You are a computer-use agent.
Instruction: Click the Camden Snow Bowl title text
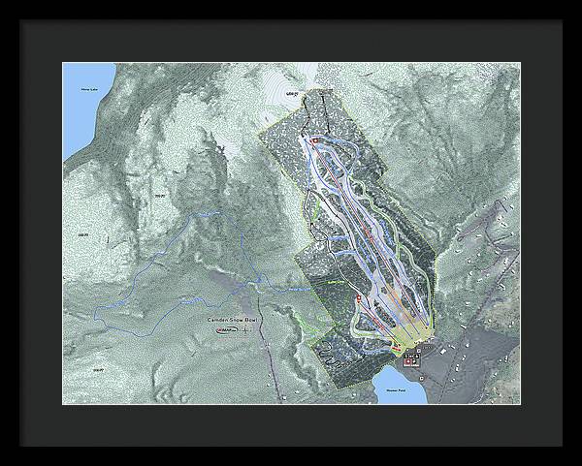tap(234, 319)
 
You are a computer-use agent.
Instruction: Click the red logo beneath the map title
tap(224, 331)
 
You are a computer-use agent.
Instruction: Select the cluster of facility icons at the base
tap(412, 356)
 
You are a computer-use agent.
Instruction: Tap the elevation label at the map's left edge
tap(81, 233)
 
